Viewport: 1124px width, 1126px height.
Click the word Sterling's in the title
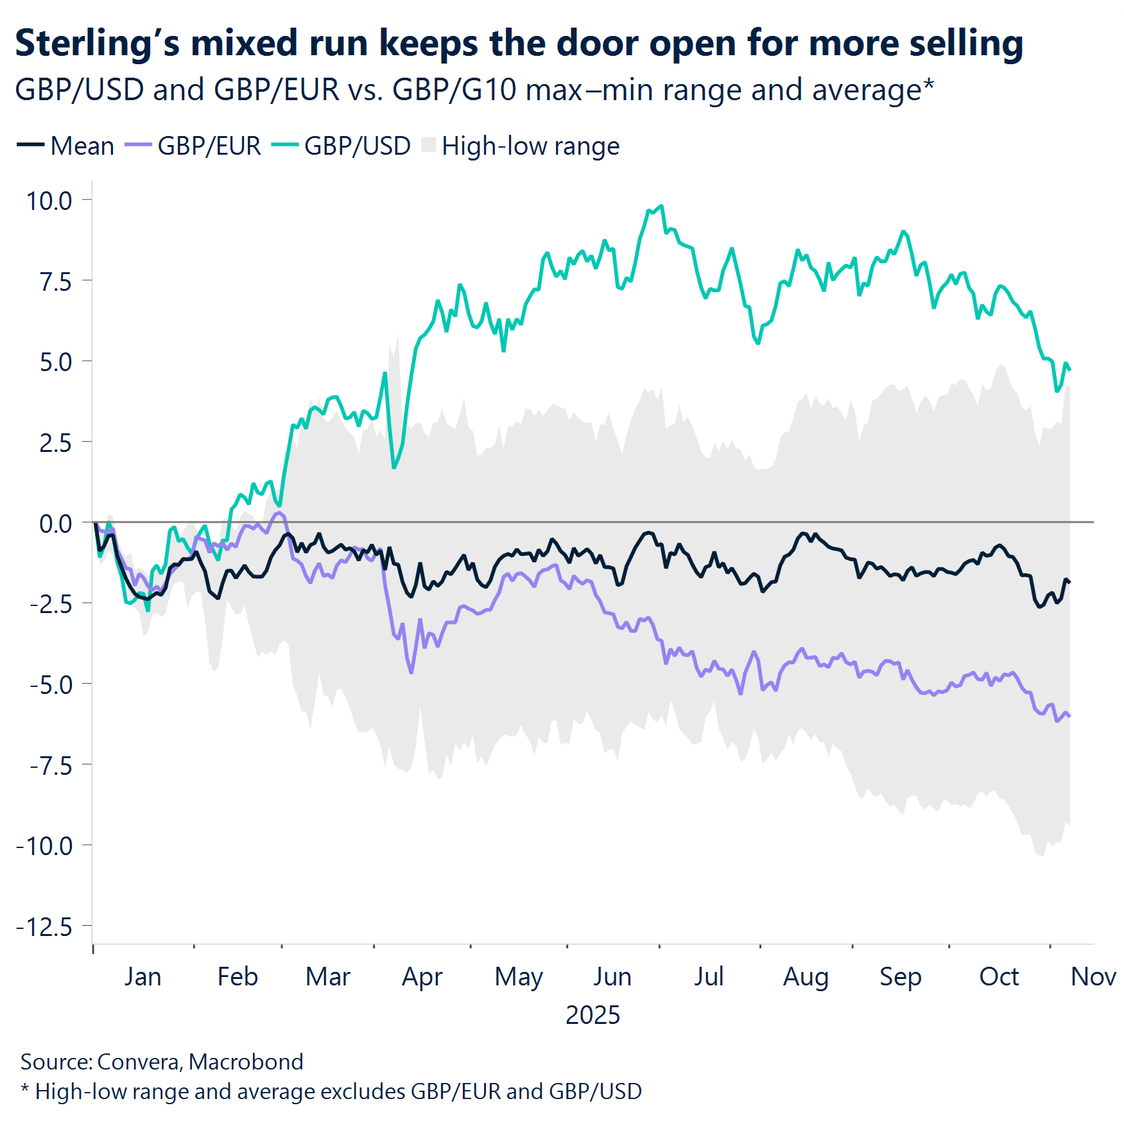click(x=96, y=44)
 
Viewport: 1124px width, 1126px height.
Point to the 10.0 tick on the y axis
click(x=49, y=201)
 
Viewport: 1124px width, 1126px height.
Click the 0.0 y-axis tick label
click(x=55, y=524)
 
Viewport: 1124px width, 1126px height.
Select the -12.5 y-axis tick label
click(x=44, y=927)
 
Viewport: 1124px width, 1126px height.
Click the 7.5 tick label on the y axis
click(x=55, y=282)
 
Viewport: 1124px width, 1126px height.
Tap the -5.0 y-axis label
click(x=51, y=685)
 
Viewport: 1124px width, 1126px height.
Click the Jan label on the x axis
click(x=143, y=976)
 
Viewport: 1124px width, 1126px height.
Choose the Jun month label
click(x=612, y=976)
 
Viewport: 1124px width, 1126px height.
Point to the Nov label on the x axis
click(x=1093, y=976)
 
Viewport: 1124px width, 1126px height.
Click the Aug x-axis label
click(x=806, y=976)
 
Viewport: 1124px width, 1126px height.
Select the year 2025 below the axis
click(x=592, y=1015)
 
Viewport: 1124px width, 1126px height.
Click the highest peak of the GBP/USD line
click(x=661, y=206)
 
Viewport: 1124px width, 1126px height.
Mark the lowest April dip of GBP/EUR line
click(x=411, y=672)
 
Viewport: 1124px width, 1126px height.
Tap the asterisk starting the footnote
click(x=25, y=1089)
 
